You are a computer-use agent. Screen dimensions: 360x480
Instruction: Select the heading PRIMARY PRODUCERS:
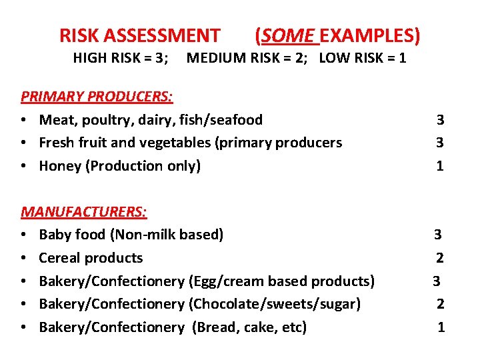pyautogui.click(x=97, y=97)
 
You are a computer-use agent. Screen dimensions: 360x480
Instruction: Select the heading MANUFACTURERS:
pyautogui.click(x=85, y=211)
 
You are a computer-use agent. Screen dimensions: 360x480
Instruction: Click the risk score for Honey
pyautogui.click(x=440, y=166)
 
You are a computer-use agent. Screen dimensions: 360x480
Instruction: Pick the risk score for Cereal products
pyautogui.click(x=440, y=258)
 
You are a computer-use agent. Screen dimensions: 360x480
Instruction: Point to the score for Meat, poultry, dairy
pyautogui.click(x=440, y=120)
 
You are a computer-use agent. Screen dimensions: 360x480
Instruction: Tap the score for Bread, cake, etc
pyautogui.click(x=441, y=327)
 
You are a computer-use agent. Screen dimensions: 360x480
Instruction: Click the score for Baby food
pyautogui.click(x=438, y=235)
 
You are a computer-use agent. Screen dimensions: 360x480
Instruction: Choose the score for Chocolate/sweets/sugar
pyautogui.click(x=440, y=304)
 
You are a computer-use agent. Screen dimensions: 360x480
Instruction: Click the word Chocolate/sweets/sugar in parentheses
pyautogui.click(x=275, y=304)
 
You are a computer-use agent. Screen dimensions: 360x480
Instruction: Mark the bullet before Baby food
pyautogui.click(x=24, y=235)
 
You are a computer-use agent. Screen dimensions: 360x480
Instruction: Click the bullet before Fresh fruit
pyautogui.click(x=24, y=143)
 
